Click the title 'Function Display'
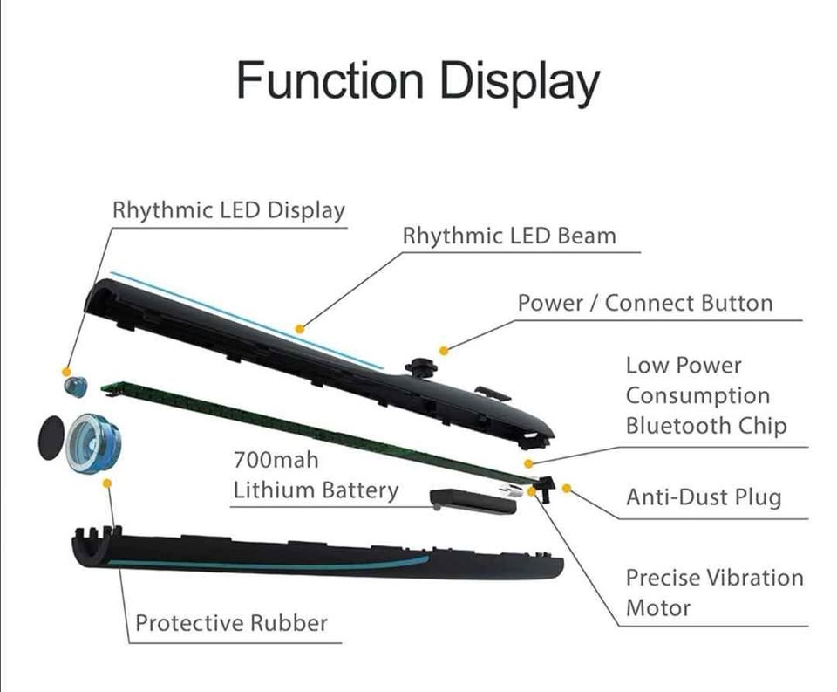[418, 82]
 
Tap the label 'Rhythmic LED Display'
[228, 210]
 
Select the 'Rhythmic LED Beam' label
[509, 236]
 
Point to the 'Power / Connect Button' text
[645, 303]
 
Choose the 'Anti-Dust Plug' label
[704, 497]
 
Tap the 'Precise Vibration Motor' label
[715, 592]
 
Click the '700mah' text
[276, 460]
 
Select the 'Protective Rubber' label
[231, 623]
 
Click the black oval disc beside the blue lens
[51, 437]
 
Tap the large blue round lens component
[94, 443]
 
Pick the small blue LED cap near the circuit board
[75, 387]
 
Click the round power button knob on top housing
[420, 367]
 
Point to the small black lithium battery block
[473, 501]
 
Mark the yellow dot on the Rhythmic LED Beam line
[300, 329]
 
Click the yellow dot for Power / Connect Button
[444, 351]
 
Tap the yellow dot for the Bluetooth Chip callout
[528, 463]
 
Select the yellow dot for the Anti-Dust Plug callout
[567, 488]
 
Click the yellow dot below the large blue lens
[106, 483]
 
